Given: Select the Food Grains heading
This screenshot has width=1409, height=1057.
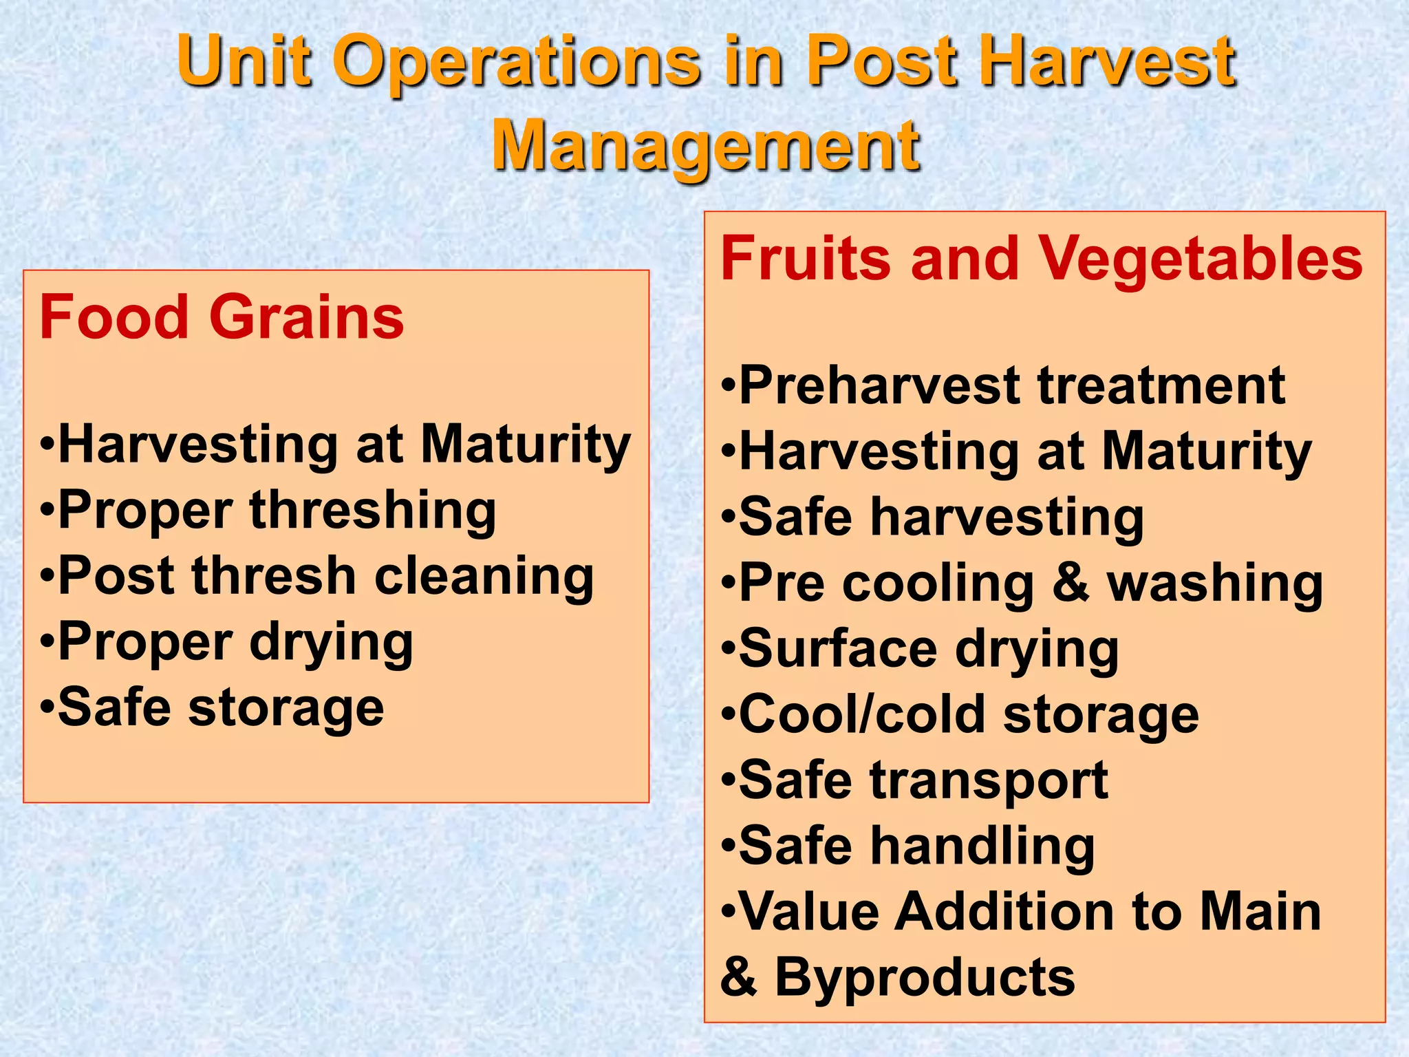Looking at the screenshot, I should [x=222, y=317].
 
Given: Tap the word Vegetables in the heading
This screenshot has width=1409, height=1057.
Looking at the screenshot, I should [x=1200, y=259].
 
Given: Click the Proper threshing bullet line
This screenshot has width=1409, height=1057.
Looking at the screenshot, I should [x=268, y=511].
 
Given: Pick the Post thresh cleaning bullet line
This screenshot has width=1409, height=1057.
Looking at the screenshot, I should [x=316, y=577].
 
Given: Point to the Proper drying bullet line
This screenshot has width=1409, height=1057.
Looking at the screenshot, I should [x=227, y=643].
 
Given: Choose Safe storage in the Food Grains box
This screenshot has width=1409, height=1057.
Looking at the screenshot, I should [x=212, y=708].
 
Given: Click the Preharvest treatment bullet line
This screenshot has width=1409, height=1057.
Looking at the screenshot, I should [x=1003, y=386].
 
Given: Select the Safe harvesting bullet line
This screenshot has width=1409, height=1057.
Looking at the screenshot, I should [x=932, y=517].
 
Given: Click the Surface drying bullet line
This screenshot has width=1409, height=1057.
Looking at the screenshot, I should [x=920, y=650].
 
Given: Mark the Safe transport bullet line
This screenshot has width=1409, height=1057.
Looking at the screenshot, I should [x=915, y=781].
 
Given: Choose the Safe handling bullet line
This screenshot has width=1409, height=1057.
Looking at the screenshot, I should [x=908, y=846].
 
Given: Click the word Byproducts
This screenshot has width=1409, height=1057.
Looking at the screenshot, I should [x=925, y=978].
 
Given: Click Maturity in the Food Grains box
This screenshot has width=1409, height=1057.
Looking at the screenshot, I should [x=526, y=445].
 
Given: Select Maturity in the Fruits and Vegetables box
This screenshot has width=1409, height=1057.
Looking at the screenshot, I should [x=1207, y=452].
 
